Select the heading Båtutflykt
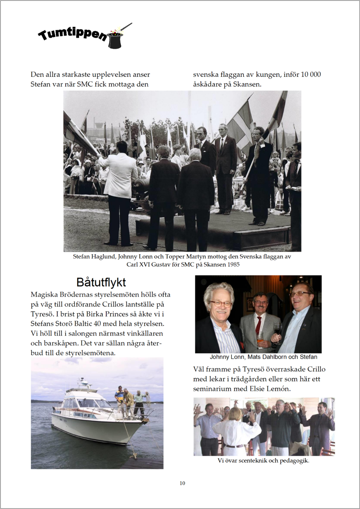(x=101, y=282)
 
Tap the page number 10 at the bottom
(x=182, y=483)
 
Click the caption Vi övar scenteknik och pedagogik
(x=263, y=460)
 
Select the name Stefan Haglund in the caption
(x=94, y=256)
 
